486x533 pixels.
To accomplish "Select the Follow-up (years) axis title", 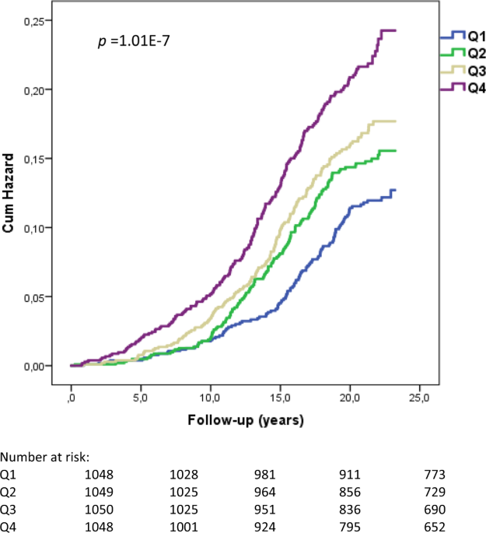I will [x=245, y=420].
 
